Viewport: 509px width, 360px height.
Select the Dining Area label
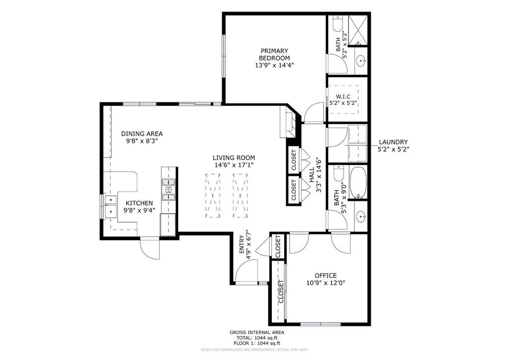point(142,134)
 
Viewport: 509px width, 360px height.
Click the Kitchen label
point(139,203)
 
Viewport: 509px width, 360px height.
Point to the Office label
point(326,275)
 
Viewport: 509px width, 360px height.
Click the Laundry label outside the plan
point(393,142)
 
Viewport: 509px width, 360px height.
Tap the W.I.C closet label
point(343,96)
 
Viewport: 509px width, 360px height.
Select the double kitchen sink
point(109,206)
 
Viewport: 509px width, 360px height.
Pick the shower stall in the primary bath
point(357,30)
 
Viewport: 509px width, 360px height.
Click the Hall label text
point(312,177)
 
